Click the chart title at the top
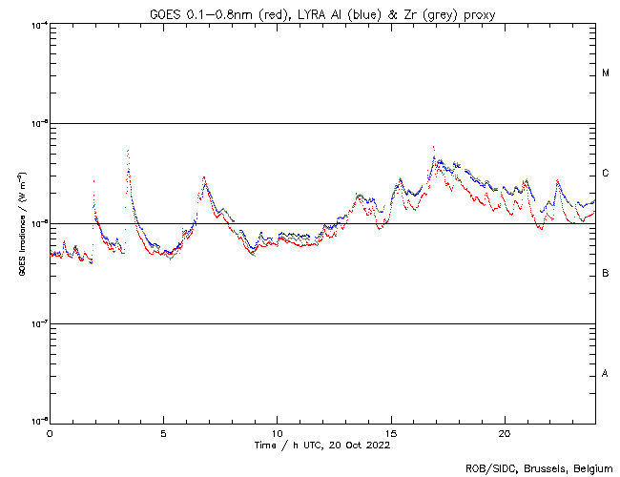(x=323, y=12)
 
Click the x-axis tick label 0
(x=50, y=432)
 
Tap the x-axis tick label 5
(x=163, y=432)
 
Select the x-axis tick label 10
(x=277, y=432)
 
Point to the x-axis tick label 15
(x=391, y=432)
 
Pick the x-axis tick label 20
(x=505, y=432)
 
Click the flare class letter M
(x=606, y=73)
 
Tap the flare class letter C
(x=606, y=174)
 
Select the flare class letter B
(x=606, y=274)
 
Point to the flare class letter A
(x=606, y=374)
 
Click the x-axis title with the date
(x=323, y=445)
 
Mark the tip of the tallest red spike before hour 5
(x=127, y=150)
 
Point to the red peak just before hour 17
(x=433, y=147)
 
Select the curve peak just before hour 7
(x=203, y=176)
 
